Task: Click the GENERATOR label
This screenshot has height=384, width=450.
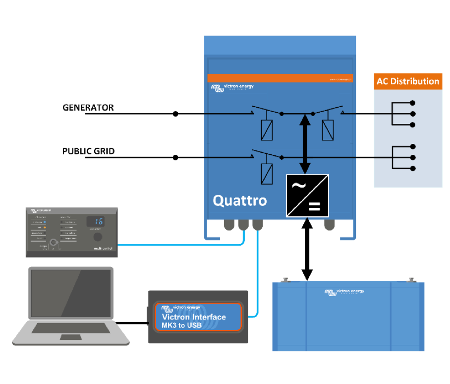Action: (88, 108)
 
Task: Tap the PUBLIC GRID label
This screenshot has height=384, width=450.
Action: (88, 151)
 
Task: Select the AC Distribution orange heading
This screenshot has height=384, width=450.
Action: (407, 81)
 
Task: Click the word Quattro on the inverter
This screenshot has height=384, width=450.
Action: (239, 200)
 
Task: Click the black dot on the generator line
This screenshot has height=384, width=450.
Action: (175, 114)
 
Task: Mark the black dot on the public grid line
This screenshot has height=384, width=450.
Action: (175, 158)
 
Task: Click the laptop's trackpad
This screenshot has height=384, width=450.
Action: (70, 337)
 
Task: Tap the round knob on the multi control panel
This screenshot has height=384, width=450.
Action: (101, 239)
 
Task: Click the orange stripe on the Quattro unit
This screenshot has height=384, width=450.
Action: (280, 78)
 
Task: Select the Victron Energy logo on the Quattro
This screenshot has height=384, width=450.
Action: (232, 88)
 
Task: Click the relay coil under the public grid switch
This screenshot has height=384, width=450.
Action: (267, 173)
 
